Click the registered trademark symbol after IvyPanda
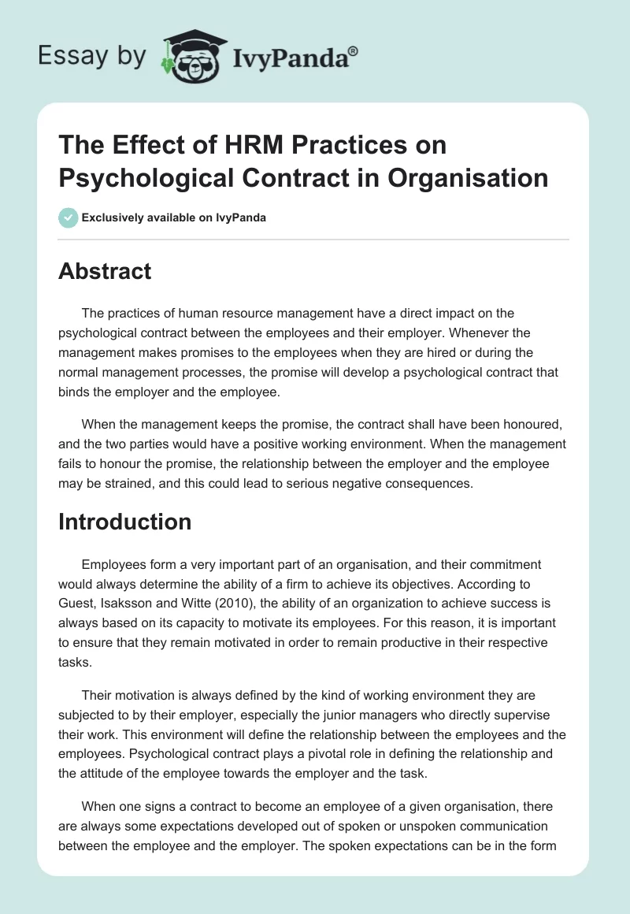354,51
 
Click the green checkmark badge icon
68,217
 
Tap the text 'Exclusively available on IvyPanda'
174,217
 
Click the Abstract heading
105,271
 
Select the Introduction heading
124,522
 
